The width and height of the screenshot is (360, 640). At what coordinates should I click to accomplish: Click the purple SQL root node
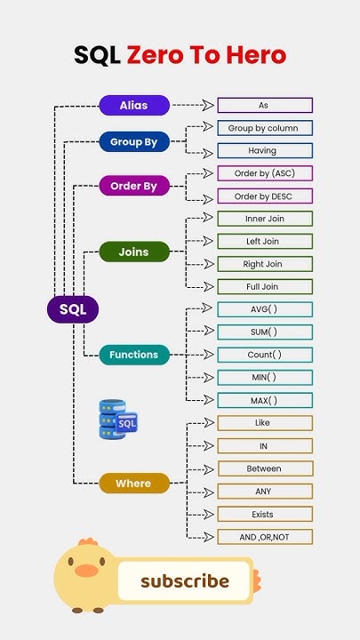72,309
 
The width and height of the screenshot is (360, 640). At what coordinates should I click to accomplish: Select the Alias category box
133,105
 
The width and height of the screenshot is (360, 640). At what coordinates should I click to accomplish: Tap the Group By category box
133,141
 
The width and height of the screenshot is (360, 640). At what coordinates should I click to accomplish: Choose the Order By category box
133,187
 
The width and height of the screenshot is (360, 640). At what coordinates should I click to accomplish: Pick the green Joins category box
133,252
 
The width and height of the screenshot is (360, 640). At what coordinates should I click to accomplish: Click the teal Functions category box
133,355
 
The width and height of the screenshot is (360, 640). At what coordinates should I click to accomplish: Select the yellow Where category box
133,484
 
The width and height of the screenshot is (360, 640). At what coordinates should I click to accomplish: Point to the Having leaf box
264,151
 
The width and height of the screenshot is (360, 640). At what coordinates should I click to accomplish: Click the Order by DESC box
264,196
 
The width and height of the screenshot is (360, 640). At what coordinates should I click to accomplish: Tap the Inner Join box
264,219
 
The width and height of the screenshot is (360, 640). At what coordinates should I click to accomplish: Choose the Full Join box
264,287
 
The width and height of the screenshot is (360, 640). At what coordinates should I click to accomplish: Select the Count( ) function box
264,355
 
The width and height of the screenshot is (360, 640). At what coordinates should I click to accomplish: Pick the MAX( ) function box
264,400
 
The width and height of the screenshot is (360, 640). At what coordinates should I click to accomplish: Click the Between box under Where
264,468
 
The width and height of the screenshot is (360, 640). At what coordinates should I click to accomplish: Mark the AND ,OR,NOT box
264,537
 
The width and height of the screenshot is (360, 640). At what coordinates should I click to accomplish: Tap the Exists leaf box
264,514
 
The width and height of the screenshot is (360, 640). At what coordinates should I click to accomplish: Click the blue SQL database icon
118,419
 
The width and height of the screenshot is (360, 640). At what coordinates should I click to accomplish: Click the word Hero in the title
256,55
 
